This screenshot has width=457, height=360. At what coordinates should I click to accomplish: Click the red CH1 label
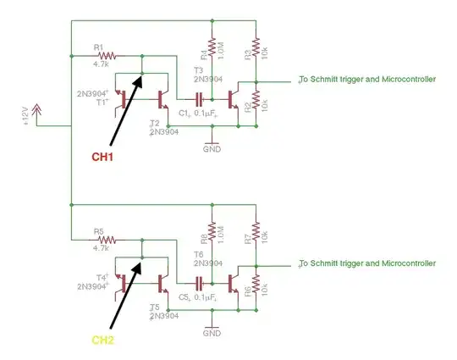click(103, 157)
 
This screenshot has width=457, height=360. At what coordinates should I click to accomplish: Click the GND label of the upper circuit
click(212, 149)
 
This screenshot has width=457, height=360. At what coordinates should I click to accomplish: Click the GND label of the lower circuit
click(212, 333)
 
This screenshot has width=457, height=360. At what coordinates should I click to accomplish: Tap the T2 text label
click(153, 124)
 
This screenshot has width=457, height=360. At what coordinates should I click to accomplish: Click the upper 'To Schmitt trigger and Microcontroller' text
click(367, 80)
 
